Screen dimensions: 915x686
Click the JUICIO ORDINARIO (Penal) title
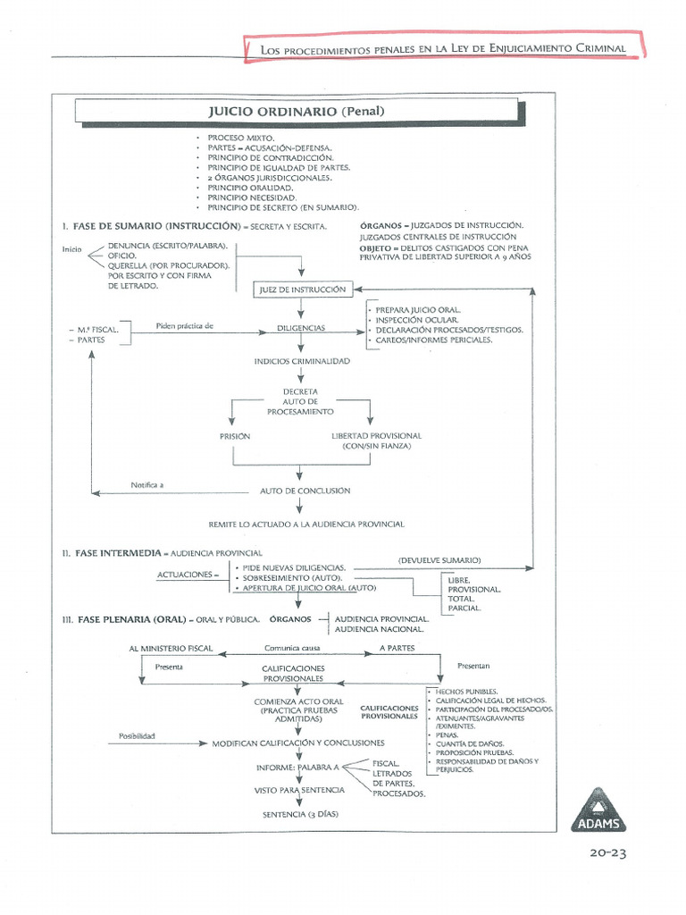pos(296,112)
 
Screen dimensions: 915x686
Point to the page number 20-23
pos(607,853)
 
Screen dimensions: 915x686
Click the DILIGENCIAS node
pos(301,329)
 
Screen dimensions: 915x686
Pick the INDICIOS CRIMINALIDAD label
pos(302,361)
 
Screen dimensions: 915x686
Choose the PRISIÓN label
pos(235,436)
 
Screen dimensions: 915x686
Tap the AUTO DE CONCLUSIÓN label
pos(305,491)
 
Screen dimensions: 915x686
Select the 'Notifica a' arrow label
pos(147,484)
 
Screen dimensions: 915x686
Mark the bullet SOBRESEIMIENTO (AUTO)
pos(292,578)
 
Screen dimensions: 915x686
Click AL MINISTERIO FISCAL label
pos(171,648)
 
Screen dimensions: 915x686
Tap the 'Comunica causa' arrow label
pos(293,648)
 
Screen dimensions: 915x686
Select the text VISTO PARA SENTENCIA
pos(299,791)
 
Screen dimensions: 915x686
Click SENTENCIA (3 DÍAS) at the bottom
pos(301,815)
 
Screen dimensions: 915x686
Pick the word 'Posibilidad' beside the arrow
pos(138,736)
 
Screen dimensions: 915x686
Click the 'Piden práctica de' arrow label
pos(185,325)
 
